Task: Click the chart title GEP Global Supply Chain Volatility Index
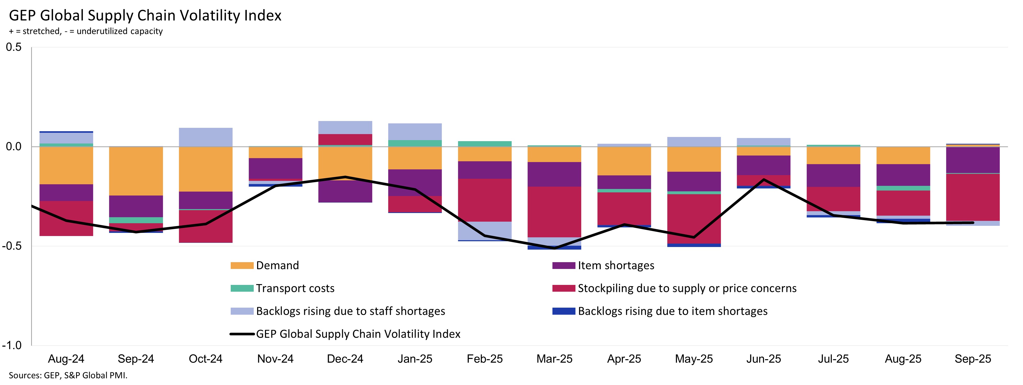145,15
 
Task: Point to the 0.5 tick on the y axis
14,47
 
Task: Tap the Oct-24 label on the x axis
205,359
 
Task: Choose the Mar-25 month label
554,359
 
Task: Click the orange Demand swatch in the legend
242,266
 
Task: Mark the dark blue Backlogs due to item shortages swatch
563,311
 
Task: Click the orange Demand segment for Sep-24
136,171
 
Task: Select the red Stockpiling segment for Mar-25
554,211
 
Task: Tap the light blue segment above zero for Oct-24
205,137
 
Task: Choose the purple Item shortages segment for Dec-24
345,191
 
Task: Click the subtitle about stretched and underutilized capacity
86,31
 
